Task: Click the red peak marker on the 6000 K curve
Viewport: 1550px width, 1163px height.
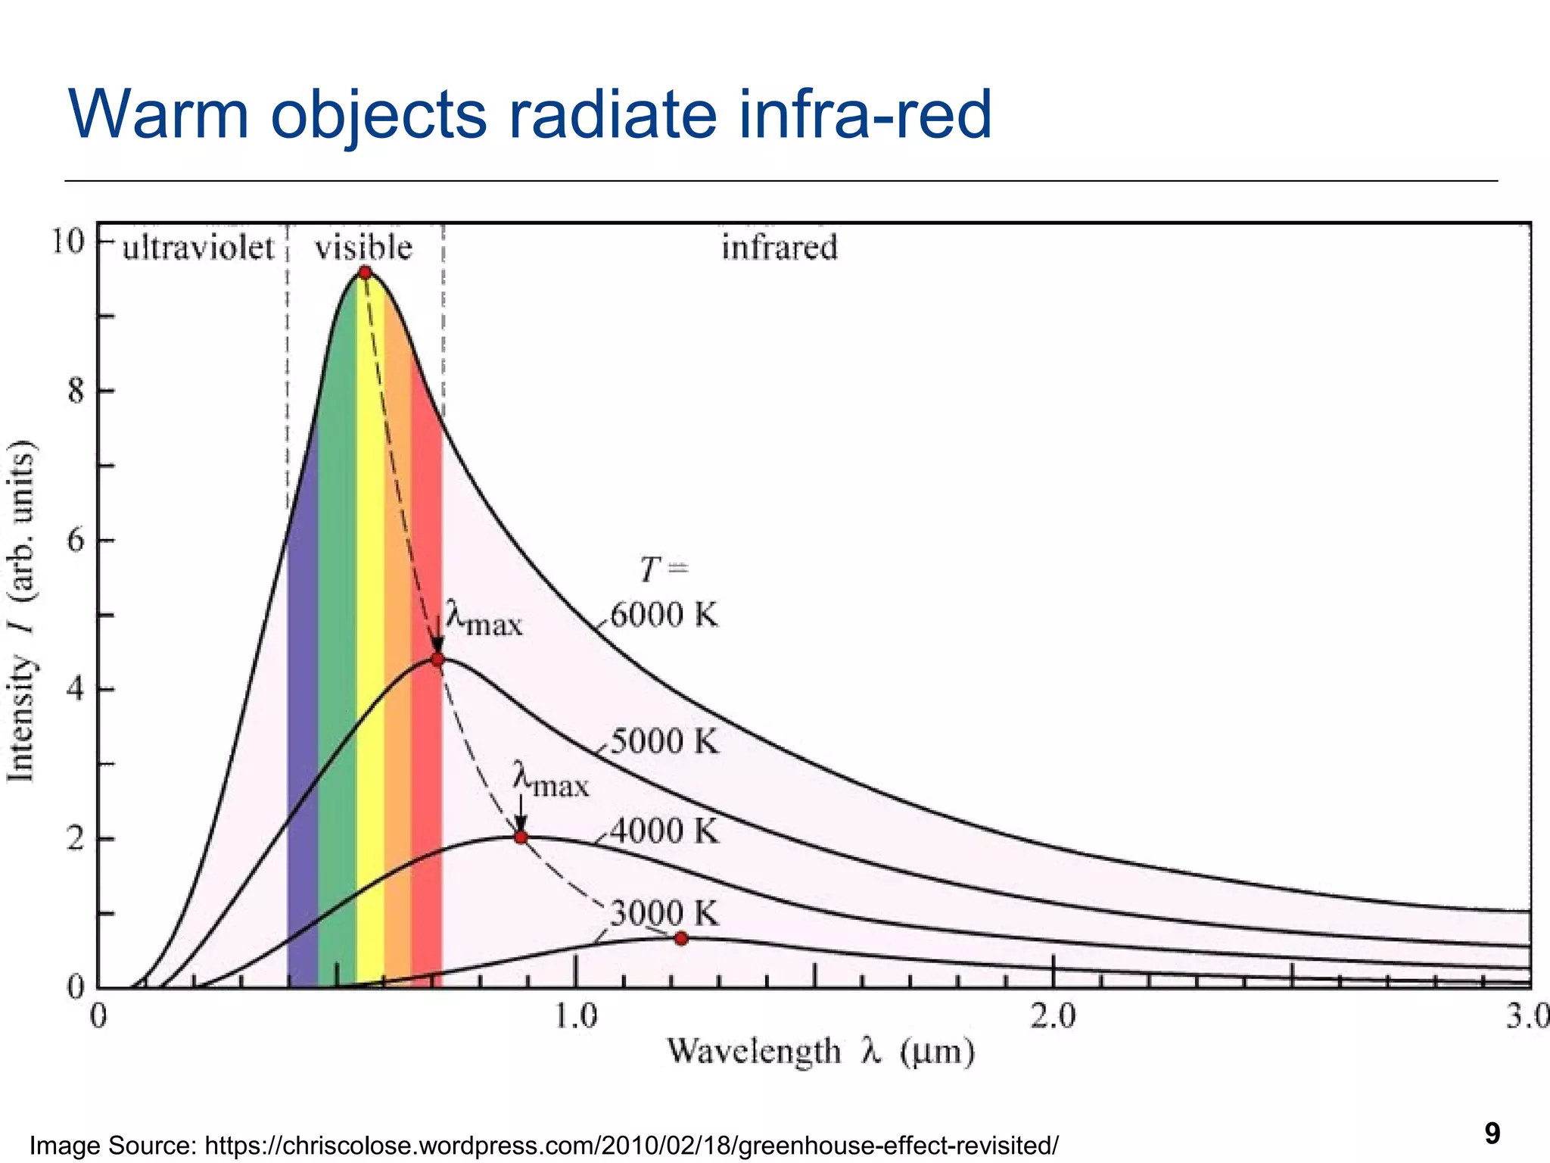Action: [365, 273]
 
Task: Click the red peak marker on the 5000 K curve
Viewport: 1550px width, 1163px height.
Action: [437, 659]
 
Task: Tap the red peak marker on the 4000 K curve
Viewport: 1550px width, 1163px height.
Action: [521, 837]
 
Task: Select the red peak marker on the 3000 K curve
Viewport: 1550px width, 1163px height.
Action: [681, 938]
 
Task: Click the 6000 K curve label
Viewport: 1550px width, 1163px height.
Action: [664, 615]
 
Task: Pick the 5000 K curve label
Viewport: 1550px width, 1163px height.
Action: [664, 741]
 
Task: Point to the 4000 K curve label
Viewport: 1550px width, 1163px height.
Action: [664, 831]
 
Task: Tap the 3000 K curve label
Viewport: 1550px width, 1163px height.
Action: [664, 914]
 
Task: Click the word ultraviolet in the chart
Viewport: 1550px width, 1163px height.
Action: [198, 248]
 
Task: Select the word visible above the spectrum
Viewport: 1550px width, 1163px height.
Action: [363, 248]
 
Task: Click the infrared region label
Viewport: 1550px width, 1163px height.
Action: [780, 248]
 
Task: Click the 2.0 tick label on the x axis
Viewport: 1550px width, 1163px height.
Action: [1053, 1016]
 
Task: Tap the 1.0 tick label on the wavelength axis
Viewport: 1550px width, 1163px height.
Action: [575, 1016]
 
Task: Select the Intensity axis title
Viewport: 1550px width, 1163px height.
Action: [21, 610]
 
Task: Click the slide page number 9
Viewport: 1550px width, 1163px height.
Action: [1492, 1133]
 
